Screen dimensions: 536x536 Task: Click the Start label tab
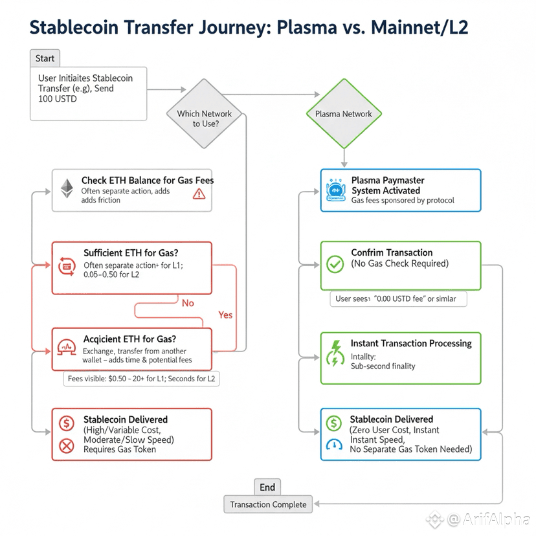[x=45, y=58]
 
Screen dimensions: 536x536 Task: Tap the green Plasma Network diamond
[x=343, y=114]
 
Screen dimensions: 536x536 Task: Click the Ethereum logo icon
[x=67, y=188]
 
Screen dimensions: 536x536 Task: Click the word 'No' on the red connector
[x=188, y=303]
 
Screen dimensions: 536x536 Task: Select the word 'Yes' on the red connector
[x=225, y=315]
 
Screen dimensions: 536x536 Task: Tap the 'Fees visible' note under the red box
[x=141, y=379]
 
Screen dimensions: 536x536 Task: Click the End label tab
[x=267, y=488]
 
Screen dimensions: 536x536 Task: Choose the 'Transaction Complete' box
[x=268, y=505]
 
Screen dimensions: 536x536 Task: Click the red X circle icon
[x=66, y=445]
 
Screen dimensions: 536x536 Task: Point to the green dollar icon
[x=334, y=423]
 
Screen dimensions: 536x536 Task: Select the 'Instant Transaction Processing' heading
[x=411, y=343]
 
